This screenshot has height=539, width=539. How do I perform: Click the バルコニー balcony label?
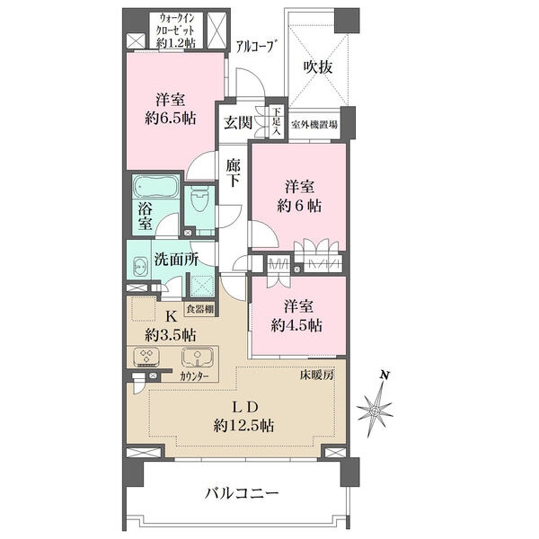[x=242, y=494]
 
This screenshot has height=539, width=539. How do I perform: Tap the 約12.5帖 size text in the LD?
[x=243, y=426]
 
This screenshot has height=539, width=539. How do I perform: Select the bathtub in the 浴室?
[x=155, y=187]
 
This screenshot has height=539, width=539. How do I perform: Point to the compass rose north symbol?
[x=376, y=406]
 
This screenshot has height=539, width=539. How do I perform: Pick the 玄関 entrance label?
[x=238, y=122]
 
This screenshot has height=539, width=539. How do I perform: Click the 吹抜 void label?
[x=318, y=67]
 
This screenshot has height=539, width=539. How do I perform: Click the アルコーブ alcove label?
[x=256, y=47]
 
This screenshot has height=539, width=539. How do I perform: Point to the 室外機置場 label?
[x=314, y=125]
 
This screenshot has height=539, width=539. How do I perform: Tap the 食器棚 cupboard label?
[x=199, y=309]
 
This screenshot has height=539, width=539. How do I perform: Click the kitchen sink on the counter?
[x=198, y=358]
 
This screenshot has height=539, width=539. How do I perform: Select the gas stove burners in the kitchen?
[x=147, y=356]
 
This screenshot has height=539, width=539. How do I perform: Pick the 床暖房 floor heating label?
[x=316, y=375]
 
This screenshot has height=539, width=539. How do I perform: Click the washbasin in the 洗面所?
[x=139, y=267]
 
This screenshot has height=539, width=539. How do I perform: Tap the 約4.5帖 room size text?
[x=296, y=325]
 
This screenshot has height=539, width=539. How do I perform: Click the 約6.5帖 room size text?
[x=171, y=119]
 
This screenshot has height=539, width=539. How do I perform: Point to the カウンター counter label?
[x=194, y=376]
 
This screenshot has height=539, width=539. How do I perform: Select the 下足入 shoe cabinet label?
[x=277, y=121]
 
